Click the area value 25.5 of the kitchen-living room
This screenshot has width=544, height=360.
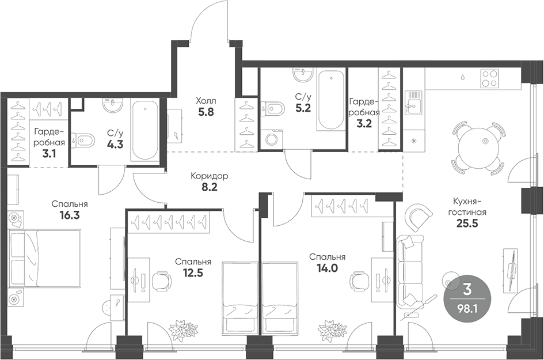tap(467, 223)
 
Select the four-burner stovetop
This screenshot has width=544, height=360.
tap(489, 78)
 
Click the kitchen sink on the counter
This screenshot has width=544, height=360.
tap(413, 103)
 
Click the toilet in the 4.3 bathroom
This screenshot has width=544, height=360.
tap(82, 140)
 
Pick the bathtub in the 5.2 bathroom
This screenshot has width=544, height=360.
tap(331, 100)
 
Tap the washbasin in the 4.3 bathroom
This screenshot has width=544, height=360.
tap(113, 105)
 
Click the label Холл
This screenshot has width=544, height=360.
tap(206, 101)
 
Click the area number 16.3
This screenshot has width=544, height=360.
tap(70, 215)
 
